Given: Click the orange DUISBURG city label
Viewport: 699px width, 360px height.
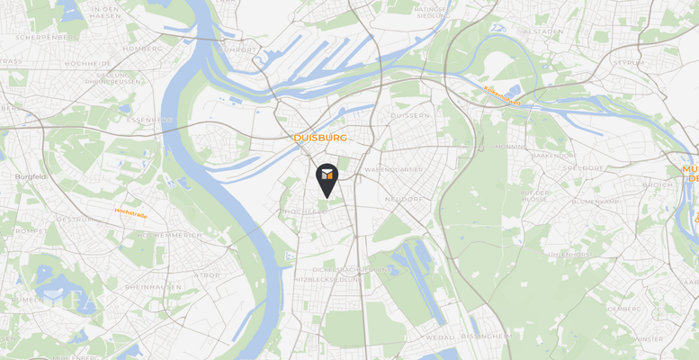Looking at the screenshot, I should tap(320, 138).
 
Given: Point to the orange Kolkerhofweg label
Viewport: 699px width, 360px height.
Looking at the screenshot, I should tap(503, 95).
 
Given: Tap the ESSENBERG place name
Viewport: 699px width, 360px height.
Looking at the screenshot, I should tap(149, 120).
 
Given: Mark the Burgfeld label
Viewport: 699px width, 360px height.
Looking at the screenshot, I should tap(31, 176).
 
